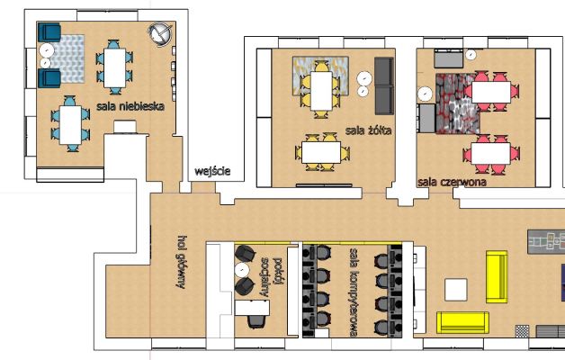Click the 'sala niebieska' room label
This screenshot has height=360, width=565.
[130, 106]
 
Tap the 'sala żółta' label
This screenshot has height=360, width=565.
[368, 130]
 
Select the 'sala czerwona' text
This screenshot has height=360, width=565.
[452, 182]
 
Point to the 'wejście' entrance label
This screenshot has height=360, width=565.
[212, 171]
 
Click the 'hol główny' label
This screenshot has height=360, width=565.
[182, 262]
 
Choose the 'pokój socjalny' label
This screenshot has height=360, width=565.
[271, 277]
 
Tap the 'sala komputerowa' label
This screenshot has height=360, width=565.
[354, 292]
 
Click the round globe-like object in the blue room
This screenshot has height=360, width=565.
[160, 34]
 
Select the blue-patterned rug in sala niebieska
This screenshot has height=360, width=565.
[67, 58]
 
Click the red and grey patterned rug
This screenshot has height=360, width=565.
[458, 103]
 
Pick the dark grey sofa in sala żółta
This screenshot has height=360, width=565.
[384, 85]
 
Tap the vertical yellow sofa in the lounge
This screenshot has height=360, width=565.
[497, 277]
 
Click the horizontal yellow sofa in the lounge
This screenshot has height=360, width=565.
[463, 322]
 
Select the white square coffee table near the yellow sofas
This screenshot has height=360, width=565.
[456, 290]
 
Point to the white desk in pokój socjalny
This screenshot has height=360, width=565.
[252, 308]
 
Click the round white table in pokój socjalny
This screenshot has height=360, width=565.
[242, 269]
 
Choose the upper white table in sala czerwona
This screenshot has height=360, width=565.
[491, 93]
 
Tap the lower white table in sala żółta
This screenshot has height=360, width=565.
[321, 152]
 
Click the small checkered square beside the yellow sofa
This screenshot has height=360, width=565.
[522, 331]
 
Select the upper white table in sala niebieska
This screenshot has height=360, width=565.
[115, 68]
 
